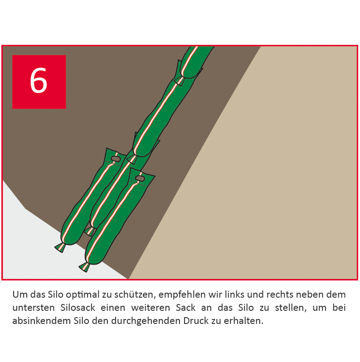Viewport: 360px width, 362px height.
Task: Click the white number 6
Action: click(39, 81)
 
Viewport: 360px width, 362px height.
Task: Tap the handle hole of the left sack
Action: click(115, 159)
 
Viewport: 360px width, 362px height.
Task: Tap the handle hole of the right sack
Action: click(140, 179)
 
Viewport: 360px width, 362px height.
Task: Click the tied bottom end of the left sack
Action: click(60, 247)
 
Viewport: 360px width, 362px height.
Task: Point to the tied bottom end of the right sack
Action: click(85, 267)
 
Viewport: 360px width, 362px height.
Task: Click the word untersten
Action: click(34, 308)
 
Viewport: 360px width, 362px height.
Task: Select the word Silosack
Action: click(78, 308)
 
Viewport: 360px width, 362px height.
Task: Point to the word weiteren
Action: click(151, 308)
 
